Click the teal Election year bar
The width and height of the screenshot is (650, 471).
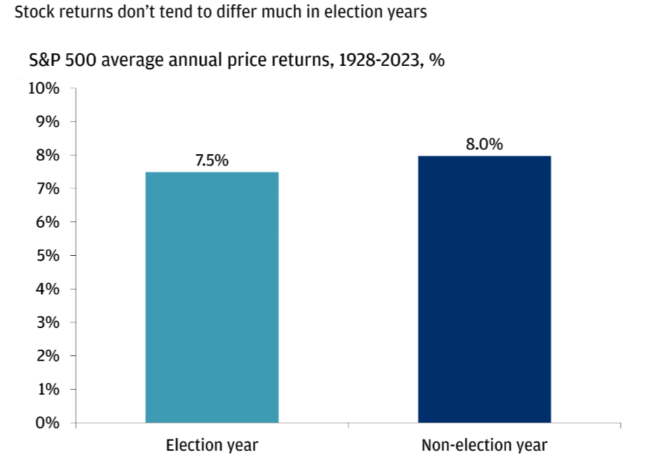pyautogui.click(x=212, y=297)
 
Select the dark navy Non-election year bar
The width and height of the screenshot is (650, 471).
pyautogui.click(x=485, y=289)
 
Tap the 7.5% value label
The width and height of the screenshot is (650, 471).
pyautogui.click(x=212, y=161)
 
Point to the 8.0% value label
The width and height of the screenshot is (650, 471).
pyautogui.click(x=485, y=144)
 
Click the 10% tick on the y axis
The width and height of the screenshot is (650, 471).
pyautogui.click(x=43, y=88)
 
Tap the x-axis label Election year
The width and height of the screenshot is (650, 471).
pyautogui.click(x=212, y=446)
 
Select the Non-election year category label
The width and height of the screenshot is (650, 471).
pyautogui.click(x=485, y=446)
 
